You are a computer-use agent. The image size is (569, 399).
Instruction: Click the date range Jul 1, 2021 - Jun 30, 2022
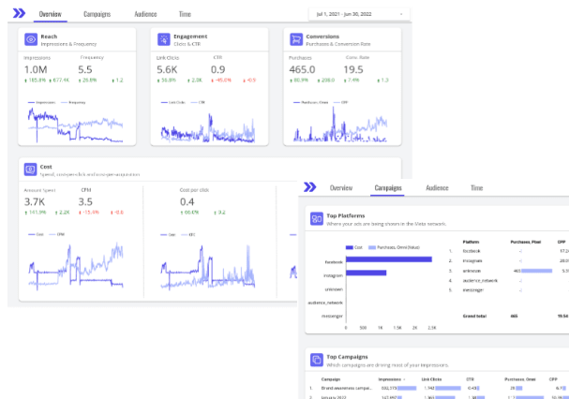(x=356, y=15)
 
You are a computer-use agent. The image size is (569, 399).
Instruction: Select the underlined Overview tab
(x=51, y=15)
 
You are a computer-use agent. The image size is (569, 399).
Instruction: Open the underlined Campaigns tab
(x=387, y=187)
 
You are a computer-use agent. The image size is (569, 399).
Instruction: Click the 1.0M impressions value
(x=36, y=70)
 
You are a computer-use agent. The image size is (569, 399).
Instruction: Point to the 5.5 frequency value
(x=85, y=70)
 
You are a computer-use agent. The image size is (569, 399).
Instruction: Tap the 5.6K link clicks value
(x=167, y=70)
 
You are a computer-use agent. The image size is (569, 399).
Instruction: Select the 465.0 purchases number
(x=302, y=70)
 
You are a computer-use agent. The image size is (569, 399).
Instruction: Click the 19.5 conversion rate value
(x=352, y=70)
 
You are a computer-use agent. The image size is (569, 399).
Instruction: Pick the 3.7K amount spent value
(x=35, y=202)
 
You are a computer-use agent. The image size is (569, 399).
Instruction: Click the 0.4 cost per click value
(x=187, y=202)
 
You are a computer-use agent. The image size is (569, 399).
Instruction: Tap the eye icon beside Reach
(x=31, y=39)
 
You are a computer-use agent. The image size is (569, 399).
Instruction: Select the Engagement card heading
(x=189, y=37)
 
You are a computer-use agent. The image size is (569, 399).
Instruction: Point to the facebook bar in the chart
(x=388, y=261)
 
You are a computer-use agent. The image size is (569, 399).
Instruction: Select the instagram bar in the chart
(x=366, y=273)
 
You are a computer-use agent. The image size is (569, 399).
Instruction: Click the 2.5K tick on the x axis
(x=431, y=328)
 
